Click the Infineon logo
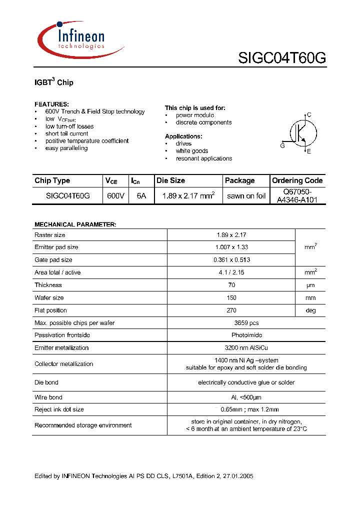80,39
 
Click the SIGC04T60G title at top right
282,58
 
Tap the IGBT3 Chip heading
54,82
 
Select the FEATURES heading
51,104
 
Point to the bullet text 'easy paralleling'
66,148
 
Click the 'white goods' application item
191,151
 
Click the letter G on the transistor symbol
282,145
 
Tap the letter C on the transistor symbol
309,115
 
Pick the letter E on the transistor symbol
308,151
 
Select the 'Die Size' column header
170,180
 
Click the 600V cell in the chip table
115,196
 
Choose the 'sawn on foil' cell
246,196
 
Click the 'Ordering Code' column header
297,180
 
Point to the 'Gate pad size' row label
53,260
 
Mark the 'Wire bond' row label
48,397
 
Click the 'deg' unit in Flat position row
310,310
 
